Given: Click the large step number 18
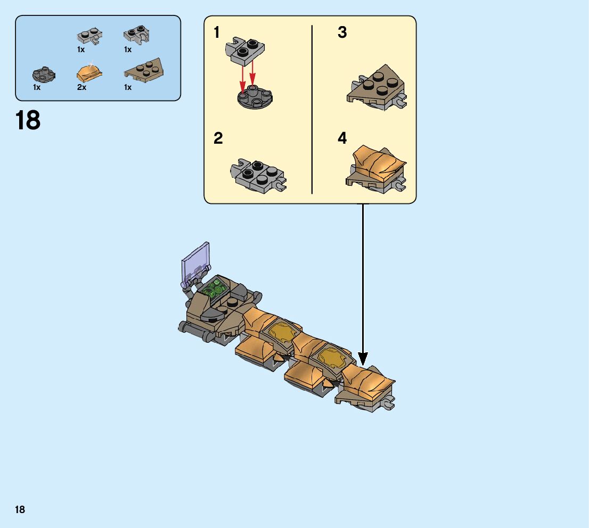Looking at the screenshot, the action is pos(28,121).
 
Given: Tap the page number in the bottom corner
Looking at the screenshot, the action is pos(20,510).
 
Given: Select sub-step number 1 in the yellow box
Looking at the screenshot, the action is pos(217,33).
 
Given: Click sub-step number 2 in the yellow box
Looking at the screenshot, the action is pos(218,139).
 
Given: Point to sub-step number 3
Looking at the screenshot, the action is pos(342,33).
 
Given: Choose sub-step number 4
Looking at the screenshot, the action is pos(342,139).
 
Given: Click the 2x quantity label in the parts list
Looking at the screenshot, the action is pos(81,87).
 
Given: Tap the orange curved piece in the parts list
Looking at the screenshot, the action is pos(89,72).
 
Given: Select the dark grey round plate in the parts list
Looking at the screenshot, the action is pos(43,73).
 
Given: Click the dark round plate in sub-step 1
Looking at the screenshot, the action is pos(255,96).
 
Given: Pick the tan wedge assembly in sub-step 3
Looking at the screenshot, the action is pos(377,88).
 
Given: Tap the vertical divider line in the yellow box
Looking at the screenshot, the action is pos(312,109).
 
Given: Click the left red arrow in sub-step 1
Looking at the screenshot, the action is pos(243,78).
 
